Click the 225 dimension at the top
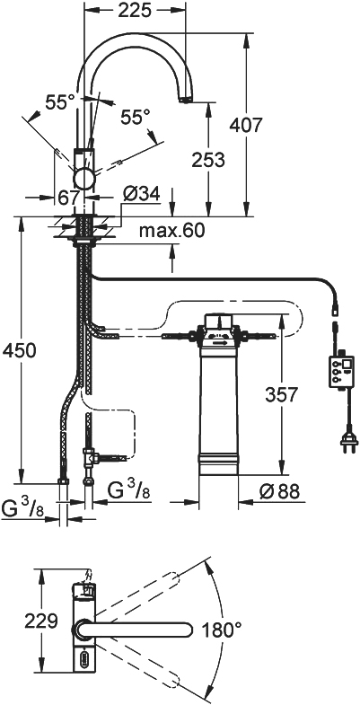(135, 12)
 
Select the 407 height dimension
(245, 125)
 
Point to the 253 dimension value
(207, 160)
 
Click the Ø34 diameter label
(141, 195)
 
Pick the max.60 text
(171, 231)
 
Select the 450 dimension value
(19, 350)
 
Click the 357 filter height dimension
(281, 395)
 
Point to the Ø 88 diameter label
(278, 491)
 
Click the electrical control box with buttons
(341, 371)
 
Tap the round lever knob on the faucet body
(84, 179)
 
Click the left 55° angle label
(60, 103)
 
